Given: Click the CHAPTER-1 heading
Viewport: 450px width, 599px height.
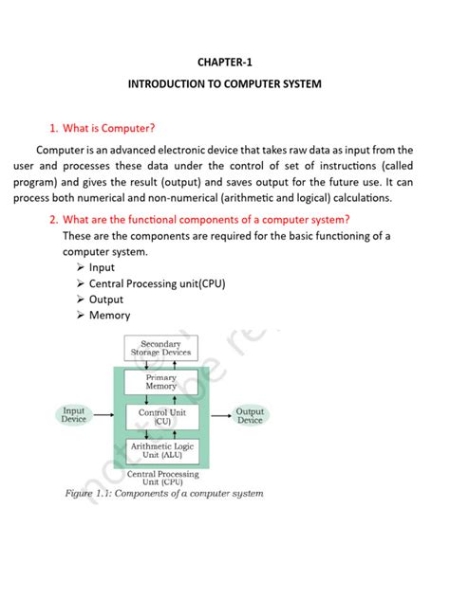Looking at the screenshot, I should tap(225, 62).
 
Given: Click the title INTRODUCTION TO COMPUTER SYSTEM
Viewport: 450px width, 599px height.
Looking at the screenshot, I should tap(225, 84).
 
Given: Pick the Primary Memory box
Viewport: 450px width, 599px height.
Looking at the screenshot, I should tap(160, 382).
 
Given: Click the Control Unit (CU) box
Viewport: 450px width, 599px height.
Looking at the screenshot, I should tap(160, 415).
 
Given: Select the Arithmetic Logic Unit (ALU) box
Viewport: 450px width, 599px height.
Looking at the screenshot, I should tap(160, 449).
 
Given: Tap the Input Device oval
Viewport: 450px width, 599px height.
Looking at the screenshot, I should tap(74, 415).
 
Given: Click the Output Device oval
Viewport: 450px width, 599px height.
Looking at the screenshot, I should tap(250, 415).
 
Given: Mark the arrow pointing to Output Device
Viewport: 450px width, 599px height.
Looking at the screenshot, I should tap(213, 415).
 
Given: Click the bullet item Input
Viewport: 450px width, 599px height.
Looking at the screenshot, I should tap(102, 268).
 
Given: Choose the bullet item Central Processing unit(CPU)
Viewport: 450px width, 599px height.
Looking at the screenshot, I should tap(157, 283).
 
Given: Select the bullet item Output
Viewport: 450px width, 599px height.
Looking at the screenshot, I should tap(106, 299).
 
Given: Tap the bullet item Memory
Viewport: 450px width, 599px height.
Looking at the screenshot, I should tap(109, 315).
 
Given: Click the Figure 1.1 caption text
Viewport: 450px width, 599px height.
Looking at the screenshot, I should tap(164, 493).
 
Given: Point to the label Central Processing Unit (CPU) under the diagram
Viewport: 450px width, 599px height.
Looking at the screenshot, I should tap(162, 478).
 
